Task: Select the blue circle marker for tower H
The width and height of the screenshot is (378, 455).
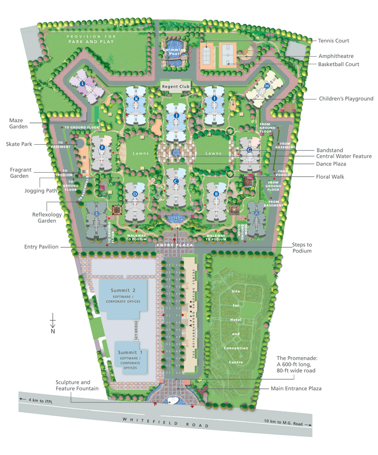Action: (x=267, y=86)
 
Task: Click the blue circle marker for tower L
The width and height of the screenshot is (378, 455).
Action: (x=83, y=84)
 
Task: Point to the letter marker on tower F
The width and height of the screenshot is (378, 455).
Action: (x=102, y=148)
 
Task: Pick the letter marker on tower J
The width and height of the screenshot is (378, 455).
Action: (x=176, y=115)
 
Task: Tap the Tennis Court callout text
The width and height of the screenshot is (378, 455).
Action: (x=334, y=41)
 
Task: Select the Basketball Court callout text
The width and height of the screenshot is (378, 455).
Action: (x=338, y=64)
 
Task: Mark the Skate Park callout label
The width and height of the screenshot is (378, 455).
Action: (x=19, y=144)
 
